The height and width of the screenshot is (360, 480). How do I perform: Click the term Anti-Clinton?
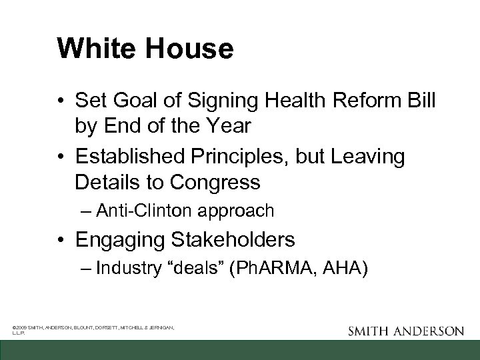pos(146,211)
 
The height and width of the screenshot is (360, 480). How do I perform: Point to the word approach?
pos(237,212)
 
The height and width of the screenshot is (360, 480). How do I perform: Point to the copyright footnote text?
pos(93,330)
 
